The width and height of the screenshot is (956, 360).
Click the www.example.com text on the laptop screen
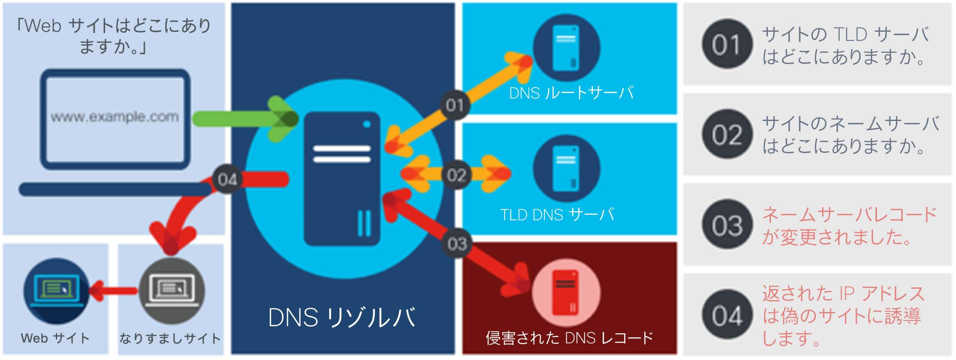point(115,117)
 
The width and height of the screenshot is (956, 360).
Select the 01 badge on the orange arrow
point(455,105)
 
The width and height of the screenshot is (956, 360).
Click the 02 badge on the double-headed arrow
point(456,175)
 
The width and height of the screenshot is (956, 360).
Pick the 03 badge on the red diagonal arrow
point(457,243)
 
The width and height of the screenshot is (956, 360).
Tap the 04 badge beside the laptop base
point(227,179)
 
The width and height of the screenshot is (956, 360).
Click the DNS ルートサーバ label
point(571,93)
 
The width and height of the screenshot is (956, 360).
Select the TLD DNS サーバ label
point(557,214)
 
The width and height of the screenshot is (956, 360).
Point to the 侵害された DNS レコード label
point(569,338)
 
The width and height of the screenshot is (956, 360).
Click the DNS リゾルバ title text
point(342,318)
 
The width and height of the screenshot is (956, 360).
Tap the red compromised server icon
point(566,292)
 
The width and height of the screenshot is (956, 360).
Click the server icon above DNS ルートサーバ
point(566,48)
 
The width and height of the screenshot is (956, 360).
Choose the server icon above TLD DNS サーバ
point(566,168)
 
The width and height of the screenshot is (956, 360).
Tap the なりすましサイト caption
point(170,338)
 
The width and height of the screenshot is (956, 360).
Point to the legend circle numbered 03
point(727,225)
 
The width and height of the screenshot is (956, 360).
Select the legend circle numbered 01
point(727,44)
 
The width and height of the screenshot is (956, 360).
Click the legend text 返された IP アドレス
point(843,294)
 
